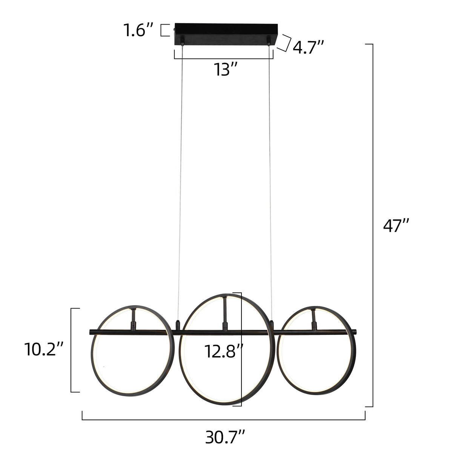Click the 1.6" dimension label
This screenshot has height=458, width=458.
138,30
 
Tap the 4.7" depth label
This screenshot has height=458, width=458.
308,48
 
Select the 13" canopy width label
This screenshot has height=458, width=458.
226,69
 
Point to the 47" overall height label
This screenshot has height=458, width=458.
396,226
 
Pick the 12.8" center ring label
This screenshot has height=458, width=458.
222,351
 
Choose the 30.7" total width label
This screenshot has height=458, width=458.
225,438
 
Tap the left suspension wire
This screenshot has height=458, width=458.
180,181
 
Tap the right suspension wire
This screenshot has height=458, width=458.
270,181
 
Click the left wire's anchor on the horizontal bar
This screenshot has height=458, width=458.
178,324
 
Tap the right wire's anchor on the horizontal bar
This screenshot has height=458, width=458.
271,324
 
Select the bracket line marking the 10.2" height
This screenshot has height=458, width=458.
71,350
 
